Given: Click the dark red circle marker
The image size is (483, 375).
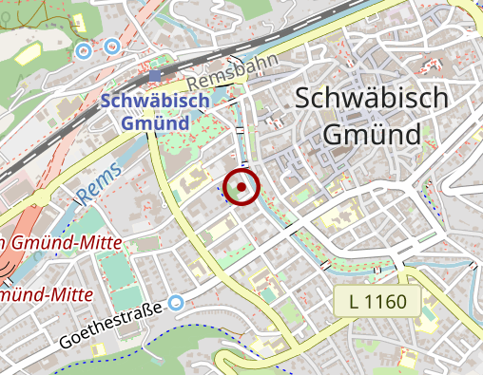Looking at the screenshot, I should (x=241, y=187).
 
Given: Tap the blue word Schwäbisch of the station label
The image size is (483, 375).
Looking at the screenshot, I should (x=145, y=101).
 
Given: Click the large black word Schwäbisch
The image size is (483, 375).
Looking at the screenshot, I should (x=371, y=98).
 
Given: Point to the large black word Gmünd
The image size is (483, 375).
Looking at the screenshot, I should (x=372, y=134).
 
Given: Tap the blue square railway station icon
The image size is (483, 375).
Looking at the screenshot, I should (x=156, y=75).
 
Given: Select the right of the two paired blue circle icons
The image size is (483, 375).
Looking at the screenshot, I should (x=113, y=45).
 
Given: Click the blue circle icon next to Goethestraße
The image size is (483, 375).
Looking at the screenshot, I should (x=175, y=304).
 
